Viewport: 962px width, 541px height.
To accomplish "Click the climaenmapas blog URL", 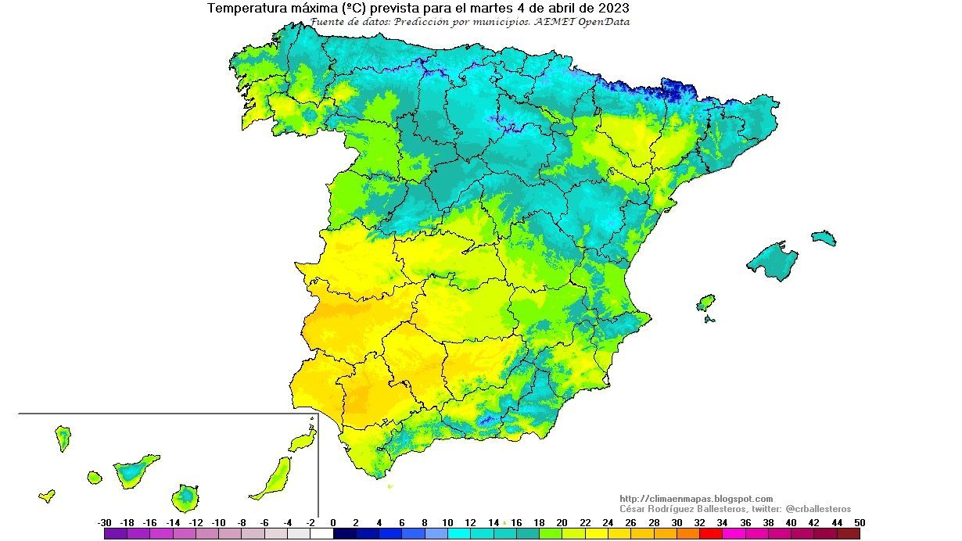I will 695,499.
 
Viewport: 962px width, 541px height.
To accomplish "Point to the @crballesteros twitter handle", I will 818,509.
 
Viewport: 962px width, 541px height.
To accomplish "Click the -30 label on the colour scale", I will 104,522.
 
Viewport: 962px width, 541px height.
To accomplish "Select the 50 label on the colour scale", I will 860,522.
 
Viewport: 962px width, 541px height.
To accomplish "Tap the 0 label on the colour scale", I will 333,522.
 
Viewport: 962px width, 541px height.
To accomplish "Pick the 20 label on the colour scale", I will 562,522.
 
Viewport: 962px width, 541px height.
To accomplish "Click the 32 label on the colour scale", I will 700,522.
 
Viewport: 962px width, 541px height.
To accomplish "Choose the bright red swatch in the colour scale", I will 711,534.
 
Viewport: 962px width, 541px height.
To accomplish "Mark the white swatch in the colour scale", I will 321,534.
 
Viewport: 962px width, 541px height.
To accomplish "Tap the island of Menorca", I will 824,238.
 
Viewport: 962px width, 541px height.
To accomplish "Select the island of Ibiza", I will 705,303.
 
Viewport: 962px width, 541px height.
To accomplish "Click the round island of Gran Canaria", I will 186,496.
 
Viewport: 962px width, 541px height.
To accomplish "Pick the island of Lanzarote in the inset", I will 303,442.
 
